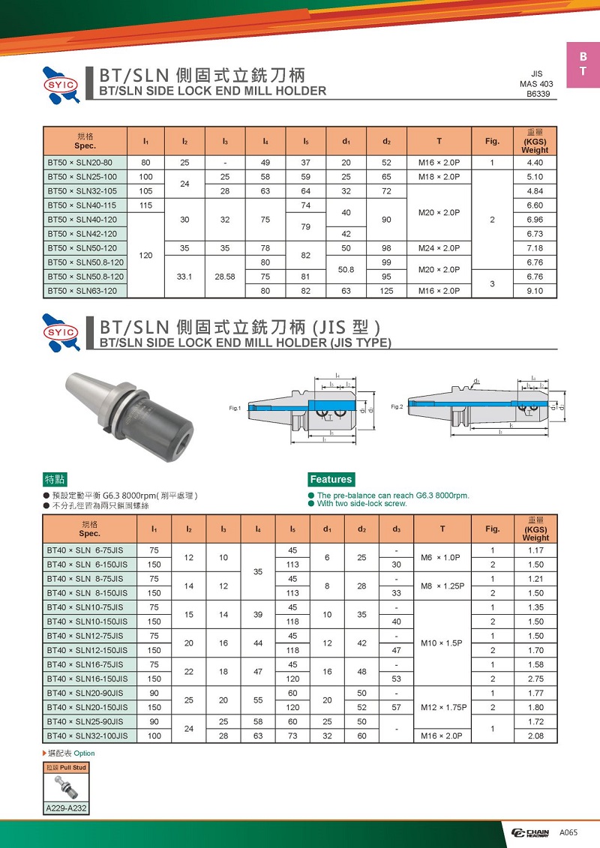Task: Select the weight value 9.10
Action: (535, 291)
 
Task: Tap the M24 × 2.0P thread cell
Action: (439, 248)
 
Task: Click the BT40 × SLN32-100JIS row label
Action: (87, 736)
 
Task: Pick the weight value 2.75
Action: (535, 679)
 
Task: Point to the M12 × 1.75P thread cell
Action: (442, 707)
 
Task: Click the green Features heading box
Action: (331, 479)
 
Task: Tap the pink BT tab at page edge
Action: (583, 65)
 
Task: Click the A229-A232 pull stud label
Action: (66, 808)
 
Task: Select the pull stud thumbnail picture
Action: (66, 787)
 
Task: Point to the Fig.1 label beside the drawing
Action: (235, 408)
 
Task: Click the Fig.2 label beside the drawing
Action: (397, 406)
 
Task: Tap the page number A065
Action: (568, 833)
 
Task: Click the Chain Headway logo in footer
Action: (529, 833)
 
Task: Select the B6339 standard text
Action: (538, 94)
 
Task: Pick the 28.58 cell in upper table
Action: (224, 277)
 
